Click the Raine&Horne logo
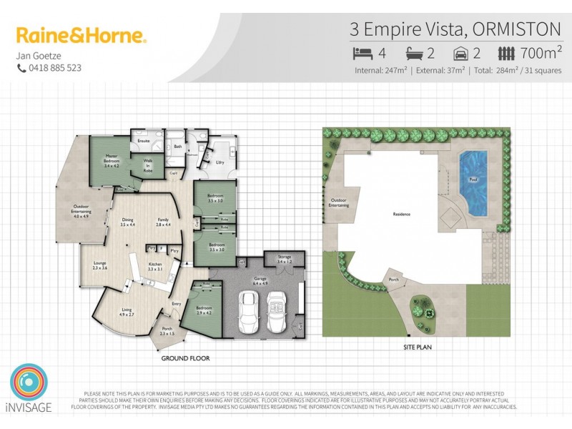click(x=82, y=35)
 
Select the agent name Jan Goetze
click(x=38, y=55)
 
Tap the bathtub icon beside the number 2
click(x=415, y=53)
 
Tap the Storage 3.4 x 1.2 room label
click(x=284, y=260)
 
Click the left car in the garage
click(x=247, y=312)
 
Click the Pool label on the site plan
click(x=472, y=179)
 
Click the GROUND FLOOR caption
click(x=184, y=357)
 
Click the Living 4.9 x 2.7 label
click(x=126, y=312)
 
